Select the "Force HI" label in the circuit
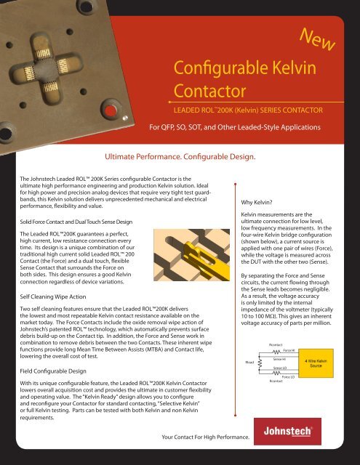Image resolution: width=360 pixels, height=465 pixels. pyautogui.click(x=289, y=349)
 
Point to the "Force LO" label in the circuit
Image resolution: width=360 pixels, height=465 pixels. pyautogui.click(x=287, y=377)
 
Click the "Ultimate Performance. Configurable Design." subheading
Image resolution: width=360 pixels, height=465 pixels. pyautogui.click(x=180, y=156)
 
